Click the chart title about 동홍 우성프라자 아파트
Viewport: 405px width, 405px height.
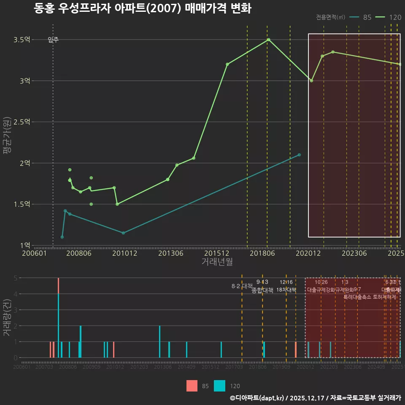[x=143, y=9]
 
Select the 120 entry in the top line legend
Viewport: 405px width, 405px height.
[x=389, y=17]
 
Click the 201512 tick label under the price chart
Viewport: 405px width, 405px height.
[x=217, y=254]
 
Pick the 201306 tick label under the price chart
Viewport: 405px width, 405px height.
[x=170, y=254]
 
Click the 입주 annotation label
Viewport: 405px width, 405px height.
[x=53, y=40]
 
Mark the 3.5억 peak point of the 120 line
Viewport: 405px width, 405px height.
[x=268, y=40]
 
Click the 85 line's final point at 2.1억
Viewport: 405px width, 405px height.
[x=299, y=155]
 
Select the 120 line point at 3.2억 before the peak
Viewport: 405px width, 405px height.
[x=227, y=64]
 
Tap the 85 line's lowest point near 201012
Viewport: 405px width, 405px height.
[x=123, y=233]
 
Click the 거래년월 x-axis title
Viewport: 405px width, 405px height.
[x=217, y=262]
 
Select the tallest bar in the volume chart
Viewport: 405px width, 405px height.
[x=58, y=317]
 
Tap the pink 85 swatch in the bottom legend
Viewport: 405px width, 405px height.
[x=192, y=386]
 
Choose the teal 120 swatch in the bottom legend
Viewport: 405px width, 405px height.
[x=220, y=386]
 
